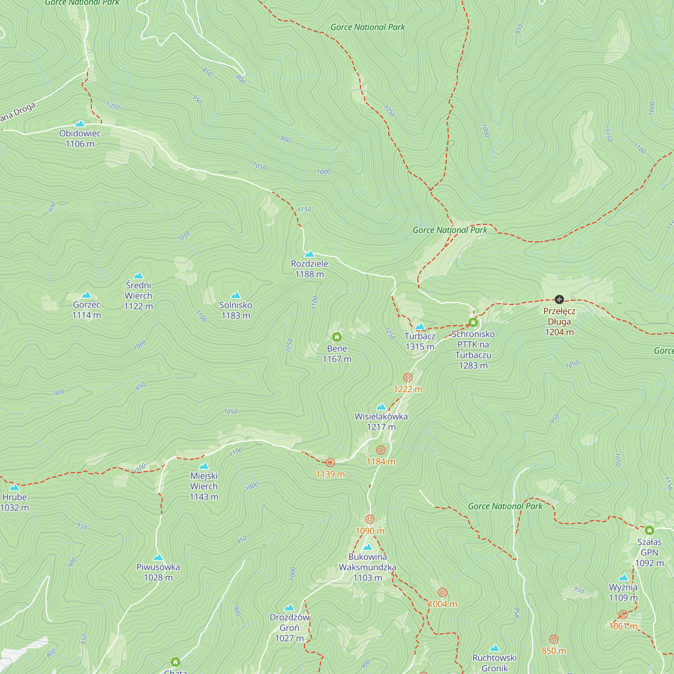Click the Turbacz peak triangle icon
click(420, 327)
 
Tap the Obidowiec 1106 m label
click(80, 139)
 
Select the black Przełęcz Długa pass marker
click(559, 299)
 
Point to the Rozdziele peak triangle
click(309, 254)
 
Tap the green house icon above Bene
click(337, 337)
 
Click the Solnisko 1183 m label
click(236, 310)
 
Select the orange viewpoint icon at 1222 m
click(408, 377)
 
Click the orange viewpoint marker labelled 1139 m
click(330, 463)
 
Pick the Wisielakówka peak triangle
click(381, 407)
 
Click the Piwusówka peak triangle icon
click(158, 557)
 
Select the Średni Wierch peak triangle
click(139, 276)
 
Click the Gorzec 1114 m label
click(87, 310)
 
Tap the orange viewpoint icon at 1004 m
click(442, 592)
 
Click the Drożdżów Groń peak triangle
click(289, 608)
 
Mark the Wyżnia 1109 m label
click(623, 592)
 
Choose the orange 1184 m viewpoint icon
click(380, 450)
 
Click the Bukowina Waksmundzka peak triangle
click(368, 547)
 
